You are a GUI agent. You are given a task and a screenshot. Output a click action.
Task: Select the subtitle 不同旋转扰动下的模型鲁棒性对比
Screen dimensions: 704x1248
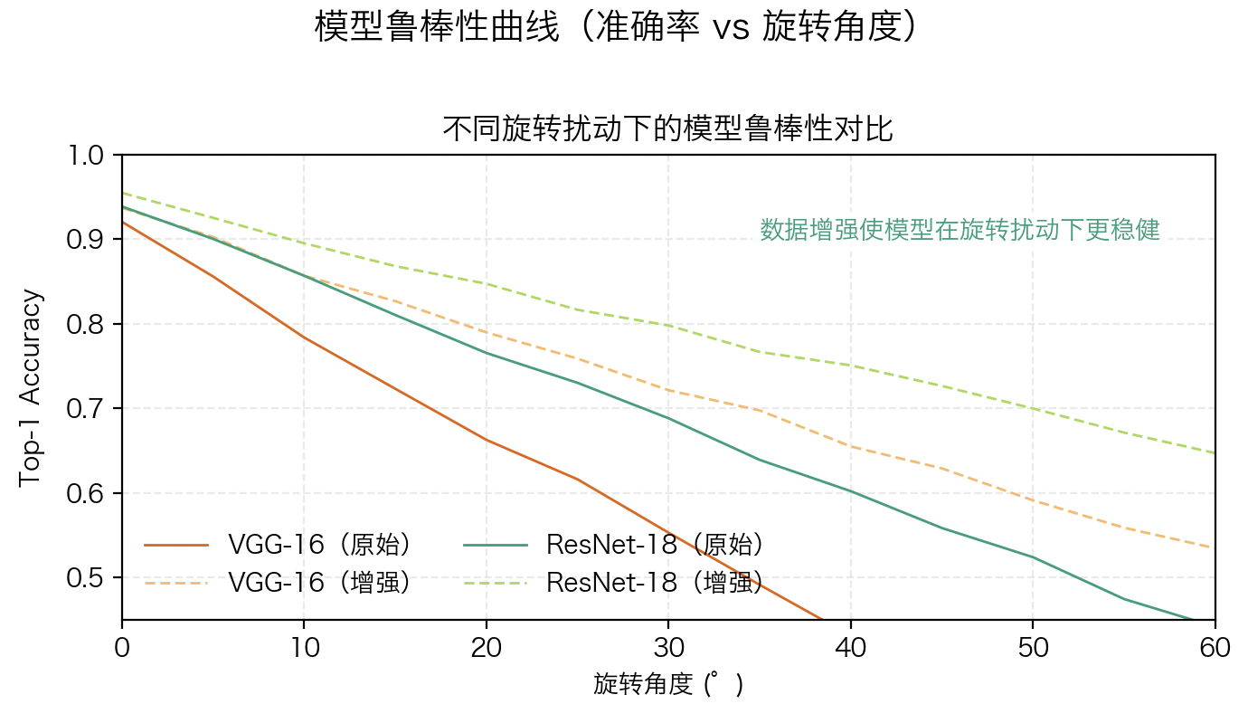pyautogui.click(x=667, y=129)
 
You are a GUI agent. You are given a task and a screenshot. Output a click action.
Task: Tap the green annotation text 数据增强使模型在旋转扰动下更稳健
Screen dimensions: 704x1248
pyautogui.click(x=960, y=230)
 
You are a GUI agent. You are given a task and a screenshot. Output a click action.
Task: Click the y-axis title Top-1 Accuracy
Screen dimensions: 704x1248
pyautogui.click(x=31, y=387)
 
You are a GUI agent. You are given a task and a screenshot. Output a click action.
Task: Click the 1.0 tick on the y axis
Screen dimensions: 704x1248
pyautogui.click(x=88, y=156)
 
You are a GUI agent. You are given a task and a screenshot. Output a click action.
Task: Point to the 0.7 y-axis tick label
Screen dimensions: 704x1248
pyautogui.click(x=88, y=409)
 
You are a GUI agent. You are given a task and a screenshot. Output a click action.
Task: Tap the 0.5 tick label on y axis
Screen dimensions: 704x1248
pyautogui.click(x=88, y=578)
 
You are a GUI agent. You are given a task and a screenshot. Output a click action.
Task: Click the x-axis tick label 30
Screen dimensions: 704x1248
pyautogui.click(x=668, y=648)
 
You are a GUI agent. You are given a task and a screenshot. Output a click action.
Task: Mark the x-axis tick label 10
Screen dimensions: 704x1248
pyautogui.click(x=304, y=648)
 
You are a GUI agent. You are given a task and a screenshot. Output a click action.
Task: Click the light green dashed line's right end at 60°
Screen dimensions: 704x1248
pyautogui.click(x=1214, y=452)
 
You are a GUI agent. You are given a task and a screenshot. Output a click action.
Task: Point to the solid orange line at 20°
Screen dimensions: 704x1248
pyautogui.click(x=487, y=440)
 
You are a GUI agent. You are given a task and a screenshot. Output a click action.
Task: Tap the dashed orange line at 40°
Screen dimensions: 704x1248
pyautogui.click(x=850, y=446)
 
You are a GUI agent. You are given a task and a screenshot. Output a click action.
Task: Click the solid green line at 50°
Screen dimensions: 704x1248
pyautogui.click(x=1032, y=557)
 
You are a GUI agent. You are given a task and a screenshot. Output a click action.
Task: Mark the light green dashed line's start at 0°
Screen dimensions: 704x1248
pyautogui.click(x=123, y=193)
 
